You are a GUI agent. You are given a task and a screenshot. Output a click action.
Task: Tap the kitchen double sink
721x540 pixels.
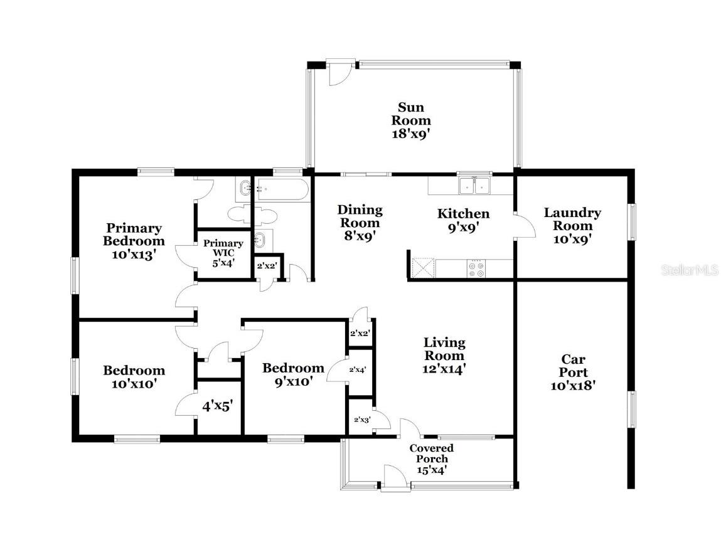point(474,186)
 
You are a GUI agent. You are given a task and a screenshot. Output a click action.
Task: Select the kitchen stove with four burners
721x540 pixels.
point(476,269)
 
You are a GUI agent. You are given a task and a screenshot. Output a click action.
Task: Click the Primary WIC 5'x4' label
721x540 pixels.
point(223,253)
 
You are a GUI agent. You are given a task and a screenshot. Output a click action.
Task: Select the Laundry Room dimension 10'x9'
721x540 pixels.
point(572,238)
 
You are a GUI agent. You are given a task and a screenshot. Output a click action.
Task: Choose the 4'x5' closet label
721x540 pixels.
point(217,406)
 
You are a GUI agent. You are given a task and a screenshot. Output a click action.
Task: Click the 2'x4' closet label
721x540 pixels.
point(357,370)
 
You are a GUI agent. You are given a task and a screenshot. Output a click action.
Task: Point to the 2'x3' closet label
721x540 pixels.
point(361,420)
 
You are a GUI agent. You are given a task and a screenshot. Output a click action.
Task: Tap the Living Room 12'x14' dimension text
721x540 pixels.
point(444,369)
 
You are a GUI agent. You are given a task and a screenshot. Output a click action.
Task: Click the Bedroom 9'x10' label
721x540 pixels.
point(293,374)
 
